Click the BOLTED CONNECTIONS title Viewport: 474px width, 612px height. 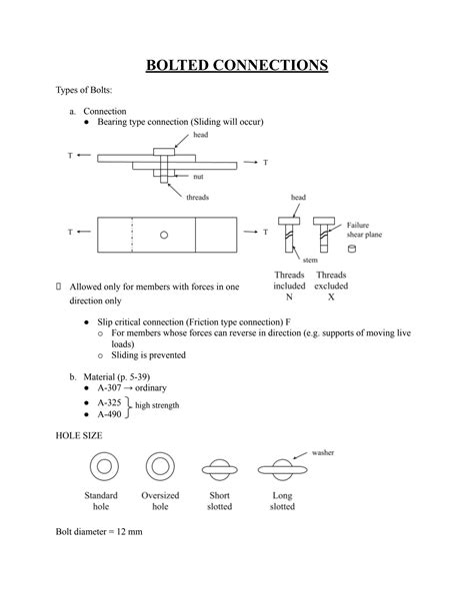point(237,66)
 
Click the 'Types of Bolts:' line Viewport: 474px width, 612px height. point(87,91)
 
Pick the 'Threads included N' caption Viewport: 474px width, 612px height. point(289,286)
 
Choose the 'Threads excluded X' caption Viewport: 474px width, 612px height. point(331,286)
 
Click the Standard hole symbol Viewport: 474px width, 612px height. point(101,467)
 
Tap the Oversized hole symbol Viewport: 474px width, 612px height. point(160,467)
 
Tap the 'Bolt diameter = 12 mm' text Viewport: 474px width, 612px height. point(99,532)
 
